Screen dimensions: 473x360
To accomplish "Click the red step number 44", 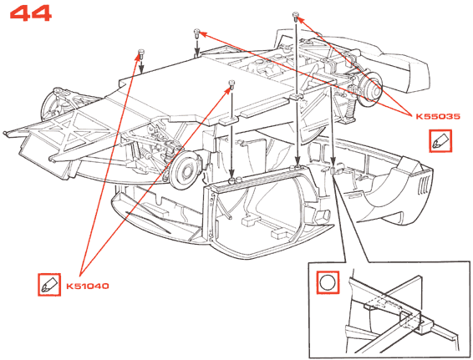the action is (x=30, y=13).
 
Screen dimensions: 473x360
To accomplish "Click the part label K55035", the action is (x=438, y=116).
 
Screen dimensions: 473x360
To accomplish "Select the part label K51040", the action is (x=88, y=286).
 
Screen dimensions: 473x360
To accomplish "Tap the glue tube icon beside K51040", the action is (x=49, y=285).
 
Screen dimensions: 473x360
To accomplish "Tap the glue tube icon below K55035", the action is (x=440, y=141).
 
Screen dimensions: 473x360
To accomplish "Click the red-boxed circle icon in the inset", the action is (x=328, y=282).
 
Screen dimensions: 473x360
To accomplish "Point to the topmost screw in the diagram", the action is (x=296, y=16).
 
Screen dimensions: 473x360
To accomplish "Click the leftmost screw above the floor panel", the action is (x=141, y=53).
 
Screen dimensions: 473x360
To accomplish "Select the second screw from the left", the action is (x=196, y=33).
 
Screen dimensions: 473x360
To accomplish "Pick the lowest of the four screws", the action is (x=231, y=84).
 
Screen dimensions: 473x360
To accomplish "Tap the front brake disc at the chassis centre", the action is (x=185, y=170).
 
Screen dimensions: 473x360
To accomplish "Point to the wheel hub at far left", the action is (x=56, y=104).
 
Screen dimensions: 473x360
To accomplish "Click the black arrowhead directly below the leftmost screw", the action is (x=141, y=70).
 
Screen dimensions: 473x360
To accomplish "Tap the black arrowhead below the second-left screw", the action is (x=196, y=52).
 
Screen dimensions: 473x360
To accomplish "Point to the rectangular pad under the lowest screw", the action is (x=228, y=120).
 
